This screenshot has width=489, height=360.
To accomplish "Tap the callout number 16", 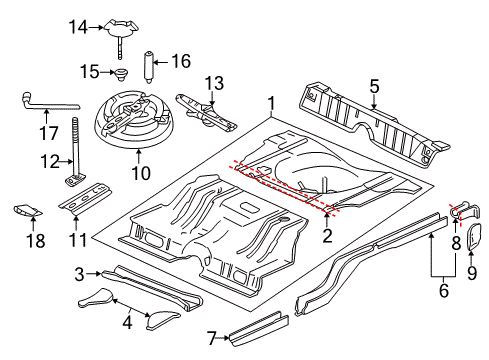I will click(181, 62).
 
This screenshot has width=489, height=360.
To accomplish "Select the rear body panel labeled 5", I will click(370, 120).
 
